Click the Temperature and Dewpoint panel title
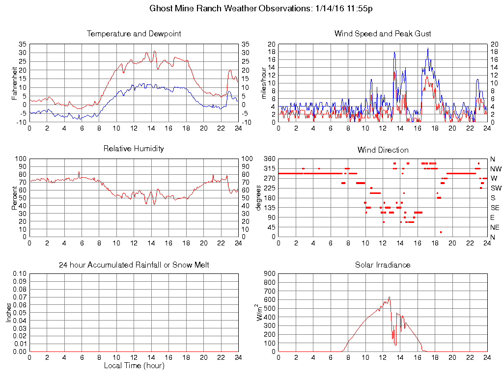pos(134,34)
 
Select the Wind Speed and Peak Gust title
pos(383,34)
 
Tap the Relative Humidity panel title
pos(134,148)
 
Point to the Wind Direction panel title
pos(383,150)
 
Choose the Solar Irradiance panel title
pos(383,265)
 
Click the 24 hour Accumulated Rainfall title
pos(134,265)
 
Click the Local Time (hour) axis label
pos(134,366)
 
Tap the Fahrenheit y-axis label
pos(15,83)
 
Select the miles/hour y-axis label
pos(264,83)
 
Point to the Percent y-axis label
pos(15,198)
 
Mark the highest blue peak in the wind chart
pos(428,48)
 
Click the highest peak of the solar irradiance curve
pos(389,296)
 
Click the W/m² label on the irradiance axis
pos(260,312)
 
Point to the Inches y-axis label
pos(9,312)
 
